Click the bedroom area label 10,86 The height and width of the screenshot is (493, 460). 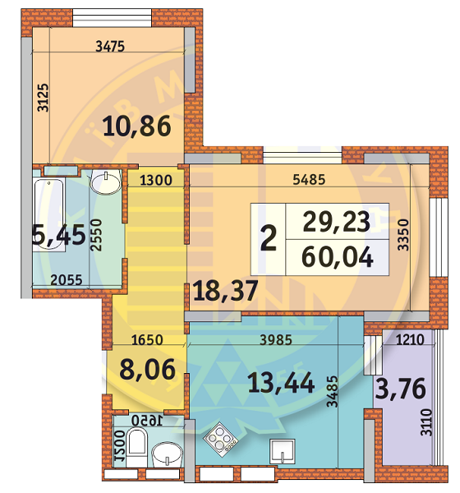(137, 127)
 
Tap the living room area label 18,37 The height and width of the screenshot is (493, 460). (225, 291)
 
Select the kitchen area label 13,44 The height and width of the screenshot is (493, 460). (281, 383)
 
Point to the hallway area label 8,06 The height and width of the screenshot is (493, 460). (147, 370)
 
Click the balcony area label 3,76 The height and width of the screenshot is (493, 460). (401, 389)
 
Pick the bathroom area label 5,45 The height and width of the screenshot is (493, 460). (59, 235)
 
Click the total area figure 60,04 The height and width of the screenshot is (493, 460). (337, 257)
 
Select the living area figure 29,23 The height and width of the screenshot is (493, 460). (336, 221)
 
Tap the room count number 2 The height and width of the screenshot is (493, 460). (269, 239)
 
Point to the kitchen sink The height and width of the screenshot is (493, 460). (283, 451)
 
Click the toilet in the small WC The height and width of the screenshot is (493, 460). (137, 446)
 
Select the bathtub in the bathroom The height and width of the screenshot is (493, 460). (48, 214)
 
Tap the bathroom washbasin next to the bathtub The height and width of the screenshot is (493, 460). (106, 182)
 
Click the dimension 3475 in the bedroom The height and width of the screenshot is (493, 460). (110, 47)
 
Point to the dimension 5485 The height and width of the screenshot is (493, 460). (309, 179)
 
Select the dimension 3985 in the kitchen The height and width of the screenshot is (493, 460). (276, 340)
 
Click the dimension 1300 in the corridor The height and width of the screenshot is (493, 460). (155, 181)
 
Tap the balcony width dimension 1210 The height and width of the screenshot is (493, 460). (410, 339)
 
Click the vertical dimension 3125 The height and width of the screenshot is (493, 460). (43, 98)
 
